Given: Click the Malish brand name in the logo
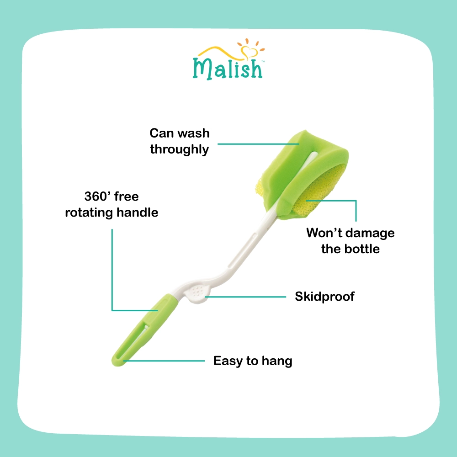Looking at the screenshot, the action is pyautogui.click(x=228, y=69).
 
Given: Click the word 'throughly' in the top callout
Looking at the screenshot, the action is pyautogui.click(x=179, y=149).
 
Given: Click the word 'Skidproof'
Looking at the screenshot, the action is pyautogui.click(x=324, y=297).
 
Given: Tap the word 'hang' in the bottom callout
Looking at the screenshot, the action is pyautogui.click(x=277, y=361).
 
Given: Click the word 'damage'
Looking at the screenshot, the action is pyautogui.click(x=370, y=233).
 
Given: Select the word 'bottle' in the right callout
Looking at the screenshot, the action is pyautogui.click(x=362, y=249).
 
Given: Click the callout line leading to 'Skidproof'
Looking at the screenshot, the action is pyautogui.click(x=245, y=297).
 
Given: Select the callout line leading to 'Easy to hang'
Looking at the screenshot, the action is pyautogui.click(x=164, y=361).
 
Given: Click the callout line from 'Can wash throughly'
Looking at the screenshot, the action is pyautogui.click(x=258, y=144).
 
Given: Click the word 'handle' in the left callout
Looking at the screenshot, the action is pyautogui.click(x=137, y=213).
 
